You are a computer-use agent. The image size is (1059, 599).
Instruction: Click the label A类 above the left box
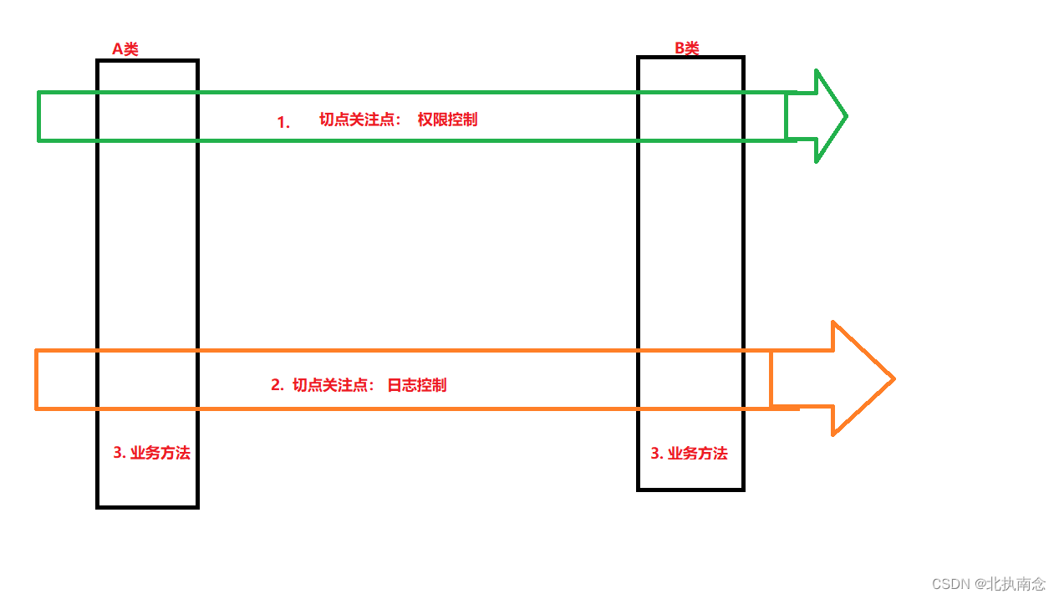pyautogui.click(x=125, y=49)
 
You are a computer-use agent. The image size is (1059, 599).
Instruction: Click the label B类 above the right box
pyautogui.click(x=686, y=48)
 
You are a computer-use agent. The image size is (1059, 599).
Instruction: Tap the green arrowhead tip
pyautogui.click(x=846, y=116)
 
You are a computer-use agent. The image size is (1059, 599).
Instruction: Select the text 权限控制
pyautogui.click(x=447, y=119)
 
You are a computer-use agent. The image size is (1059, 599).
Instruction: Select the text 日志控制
pyautogui.click(x=416, y=385)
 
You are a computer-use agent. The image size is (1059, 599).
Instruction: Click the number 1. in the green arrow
pyautogui.click(x=283, y=122)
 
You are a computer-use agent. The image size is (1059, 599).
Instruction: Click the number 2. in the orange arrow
pyautogui.click(x=277, y=385)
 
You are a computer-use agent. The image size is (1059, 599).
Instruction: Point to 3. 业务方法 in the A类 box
pyautogui.click(x=151, y=454)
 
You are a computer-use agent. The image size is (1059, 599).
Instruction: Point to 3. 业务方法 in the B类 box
pyautogui.click(x=689, y=454)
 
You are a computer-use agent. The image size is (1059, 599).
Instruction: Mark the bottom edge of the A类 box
pyautogui.click(x=147, y=506)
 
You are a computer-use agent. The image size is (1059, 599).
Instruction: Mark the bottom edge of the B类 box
pyautogui.click(x=690, y=489)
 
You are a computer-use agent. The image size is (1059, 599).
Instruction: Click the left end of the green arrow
pyautogui.click(x=39, y=116)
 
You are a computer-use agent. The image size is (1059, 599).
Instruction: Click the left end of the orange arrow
pyautogui.click(x=37, y=379)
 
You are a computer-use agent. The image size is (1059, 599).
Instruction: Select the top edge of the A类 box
pyautogui.click(x=147, y=61)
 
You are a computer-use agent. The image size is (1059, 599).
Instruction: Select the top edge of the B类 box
pyautogui.click(x=690, y=58)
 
